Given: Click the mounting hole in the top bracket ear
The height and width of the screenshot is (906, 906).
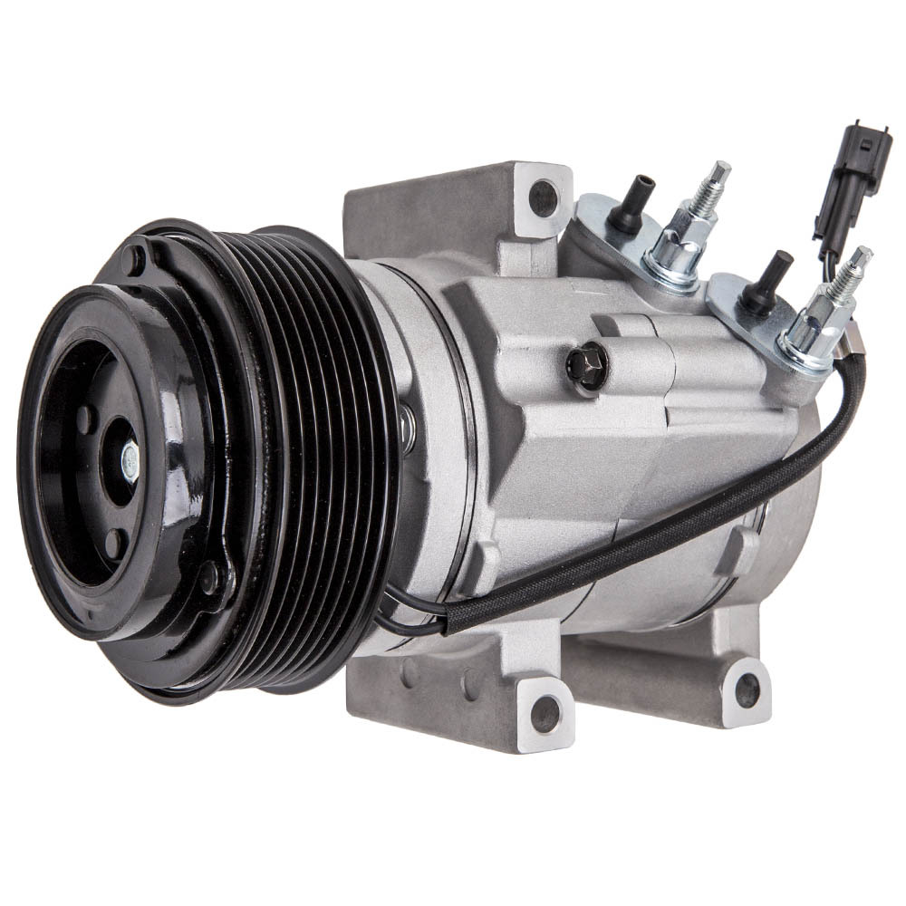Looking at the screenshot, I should [543, 197].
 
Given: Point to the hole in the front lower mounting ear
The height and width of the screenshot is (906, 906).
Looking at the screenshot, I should [545, 713].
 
